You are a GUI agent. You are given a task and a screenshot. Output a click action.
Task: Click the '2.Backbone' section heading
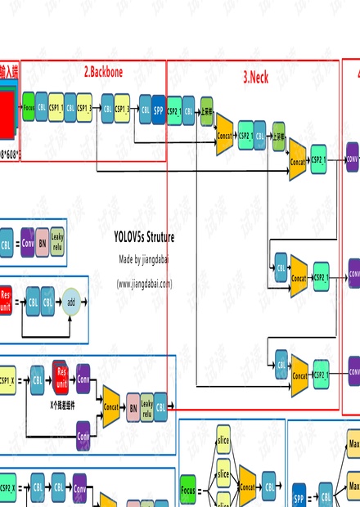click(x=103, y=72)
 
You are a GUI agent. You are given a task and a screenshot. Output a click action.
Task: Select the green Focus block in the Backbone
click(x=29, y=108)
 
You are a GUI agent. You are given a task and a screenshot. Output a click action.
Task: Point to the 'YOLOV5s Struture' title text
click(x=144, y=237)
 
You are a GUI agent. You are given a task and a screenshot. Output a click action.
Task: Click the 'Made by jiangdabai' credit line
click(x=144, y=259)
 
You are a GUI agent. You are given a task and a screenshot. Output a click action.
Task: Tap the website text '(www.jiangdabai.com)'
click(x=144, y=284)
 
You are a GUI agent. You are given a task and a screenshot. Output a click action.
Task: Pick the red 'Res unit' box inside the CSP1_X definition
click(x=60, y=375)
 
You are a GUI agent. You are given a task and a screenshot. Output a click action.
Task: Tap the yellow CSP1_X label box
click(x=7, y=380)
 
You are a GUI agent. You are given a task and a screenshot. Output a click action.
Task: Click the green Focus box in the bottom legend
click(x=188, y=491)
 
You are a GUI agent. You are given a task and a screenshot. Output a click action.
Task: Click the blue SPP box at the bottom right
click(x=299, y=496)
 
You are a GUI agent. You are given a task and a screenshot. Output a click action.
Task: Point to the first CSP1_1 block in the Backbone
click(x=56, y=108)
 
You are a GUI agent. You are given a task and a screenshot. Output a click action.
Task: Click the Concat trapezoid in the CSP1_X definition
click(x=110, y=405)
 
